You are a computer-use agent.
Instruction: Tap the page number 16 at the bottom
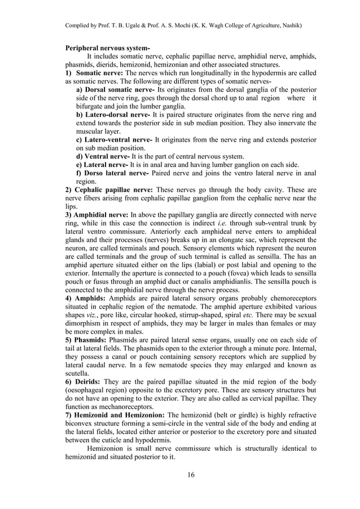[191, 474]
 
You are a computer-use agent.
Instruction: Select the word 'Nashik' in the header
[288, 26]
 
